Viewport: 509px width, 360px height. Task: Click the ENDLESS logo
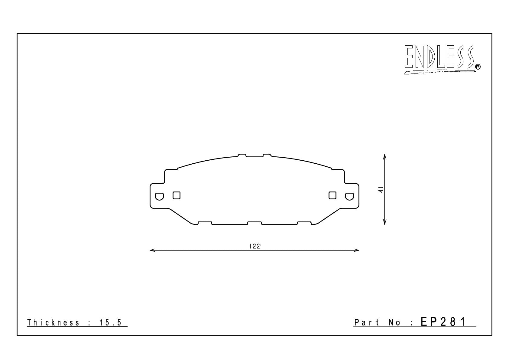coord(442,60)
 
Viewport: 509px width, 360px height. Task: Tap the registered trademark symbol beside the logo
coord(478,67)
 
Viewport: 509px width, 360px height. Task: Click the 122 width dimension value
coord(255,246)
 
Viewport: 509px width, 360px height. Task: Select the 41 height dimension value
coord(381,189)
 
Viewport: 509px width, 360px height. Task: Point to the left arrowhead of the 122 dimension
coord(152,250)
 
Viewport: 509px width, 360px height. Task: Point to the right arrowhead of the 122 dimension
coord(356,250)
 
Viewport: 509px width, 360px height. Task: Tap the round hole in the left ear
coord(159,196)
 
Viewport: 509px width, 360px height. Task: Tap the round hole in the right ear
coord(349,196)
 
